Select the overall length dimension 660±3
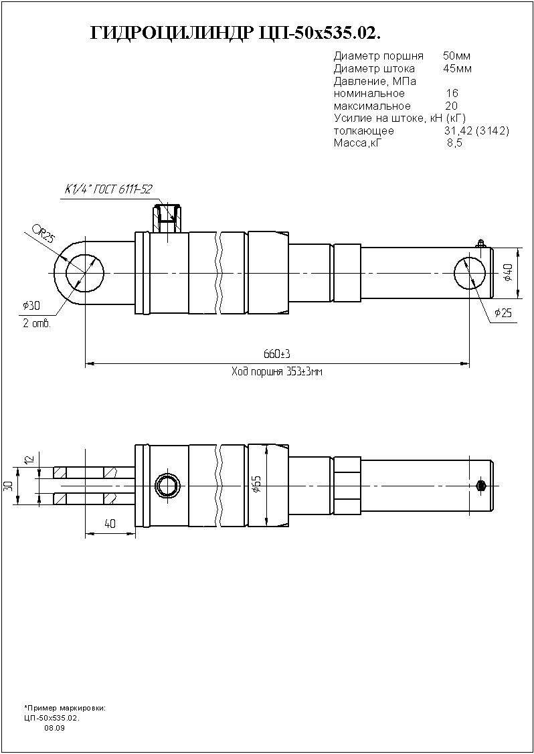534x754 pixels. (276, 355)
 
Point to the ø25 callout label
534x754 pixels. (503, 314)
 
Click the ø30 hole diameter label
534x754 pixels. (31, 305)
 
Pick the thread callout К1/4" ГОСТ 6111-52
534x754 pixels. (108, 189)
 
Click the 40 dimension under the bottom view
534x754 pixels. (110, 524)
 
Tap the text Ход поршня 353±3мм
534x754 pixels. (276, 372)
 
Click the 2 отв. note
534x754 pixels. (36, 324)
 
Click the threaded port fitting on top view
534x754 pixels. (167, 218)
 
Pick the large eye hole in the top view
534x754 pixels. (85, 274)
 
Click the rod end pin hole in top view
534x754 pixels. (470, 274)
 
